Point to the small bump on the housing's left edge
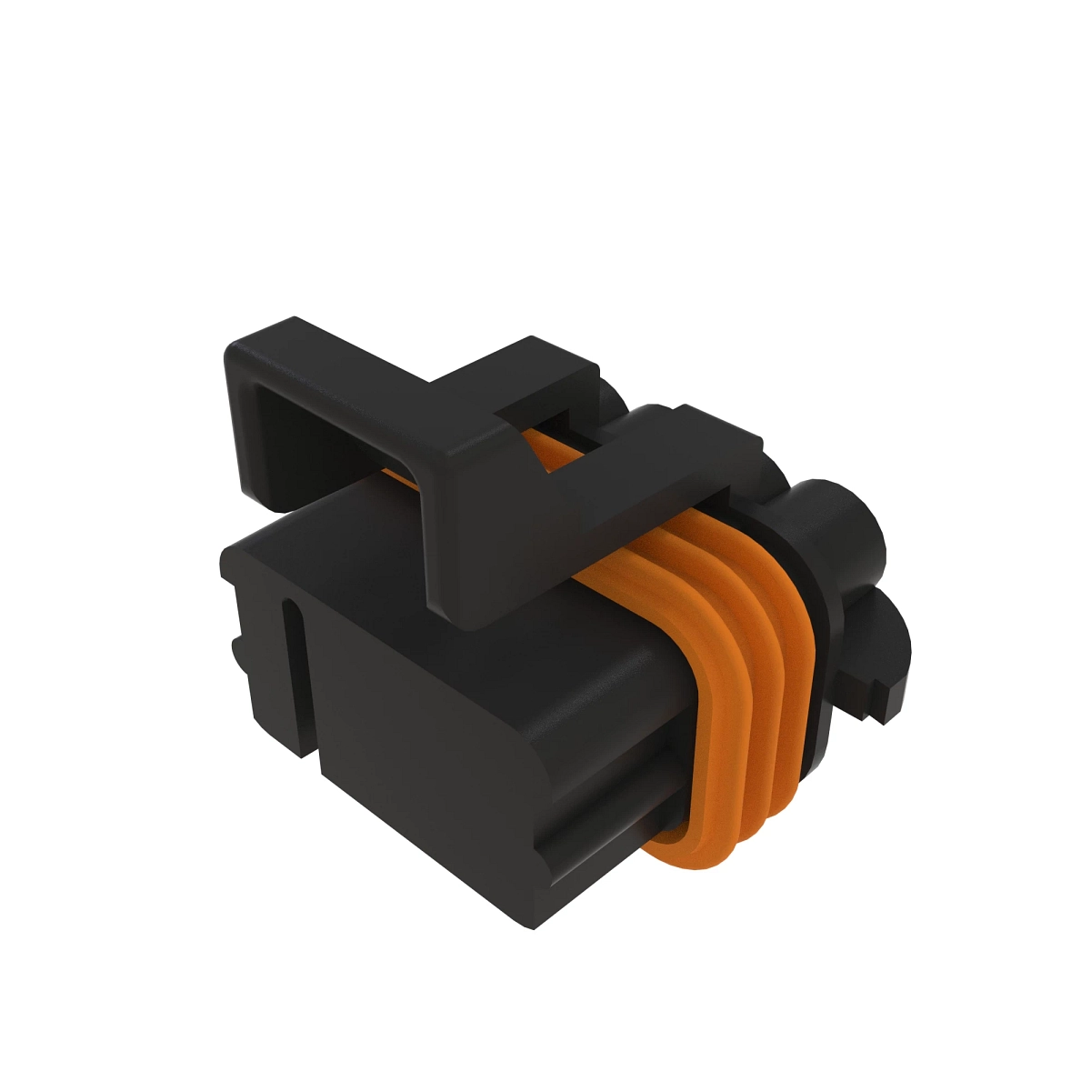(235, 651)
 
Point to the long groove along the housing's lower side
(600, 818)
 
